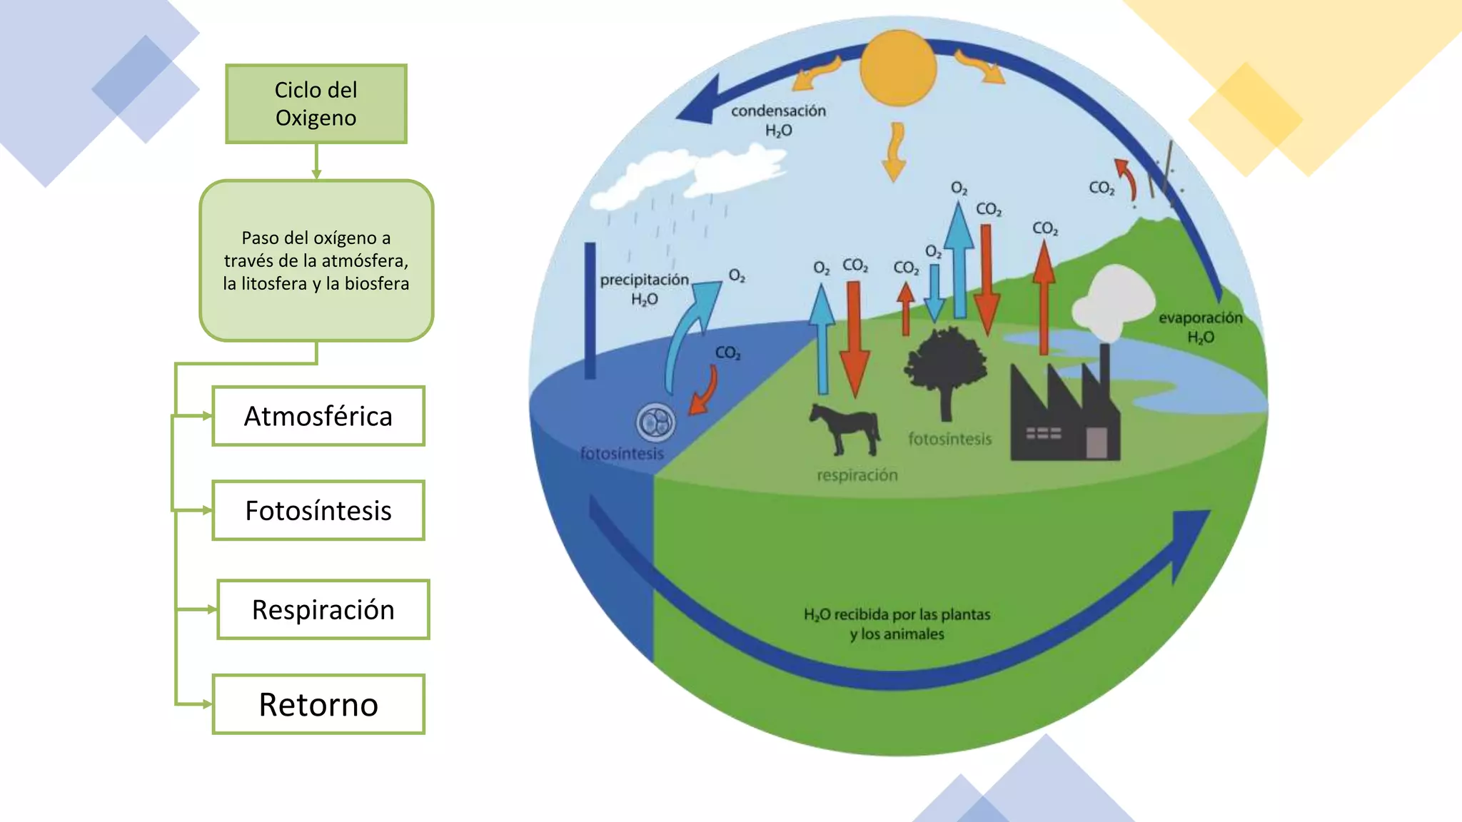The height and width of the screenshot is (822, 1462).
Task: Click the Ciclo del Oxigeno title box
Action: coord(316,104)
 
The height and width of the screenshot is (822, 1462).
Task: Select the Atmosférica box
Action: coord(318,416)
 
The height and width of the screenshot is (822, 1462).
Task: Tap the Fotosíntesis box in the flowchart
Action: coord(318,511)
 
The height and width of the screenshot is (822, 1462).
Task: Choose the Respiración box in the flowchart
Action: coord(323,610)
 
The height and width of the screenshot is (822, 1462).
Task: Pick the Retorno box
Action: coord(318,705)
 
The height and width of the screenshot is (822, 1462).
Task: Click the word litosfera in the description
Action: coord(273,284)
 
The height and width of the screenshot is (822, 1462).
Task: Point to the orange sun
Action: coord(898,68)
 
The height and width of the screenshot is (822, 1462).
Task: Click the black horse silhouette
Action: coord(845,429)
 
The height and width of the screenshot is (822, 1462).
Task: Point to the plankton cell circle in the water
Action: coord(655,422)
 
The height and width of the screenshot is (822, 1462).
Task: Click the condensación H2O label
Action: coord(778,120)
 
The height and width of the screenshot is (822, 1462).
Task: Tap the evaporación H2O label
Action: coord(1200,327)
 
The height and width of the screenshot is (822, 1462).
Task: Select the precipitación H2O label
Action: coord(644,288)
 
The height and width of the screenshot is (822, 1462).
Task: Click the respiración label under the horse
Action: coord(857,475)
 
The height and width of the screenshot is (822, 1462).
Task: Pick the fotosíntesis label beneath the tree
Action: coord(949,439)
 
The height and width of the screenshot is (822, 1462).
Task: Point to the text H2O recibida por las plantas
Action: coord(897,614)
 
